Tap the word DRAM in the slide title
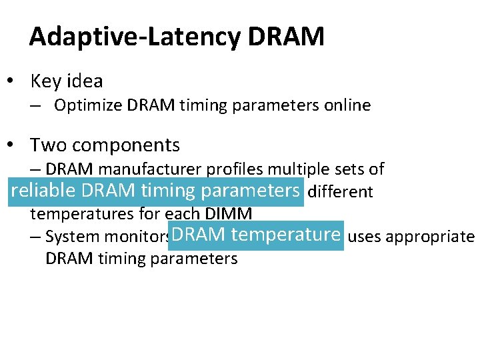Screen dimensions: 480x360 point(286,37)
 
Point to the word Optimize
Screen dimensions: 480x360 point(83,105)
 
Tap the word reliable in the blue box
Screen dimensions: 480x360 point(43,191)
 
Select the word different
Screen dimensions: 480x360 point(340,192)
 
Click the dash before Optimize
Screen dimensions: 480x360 point(35,105)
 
